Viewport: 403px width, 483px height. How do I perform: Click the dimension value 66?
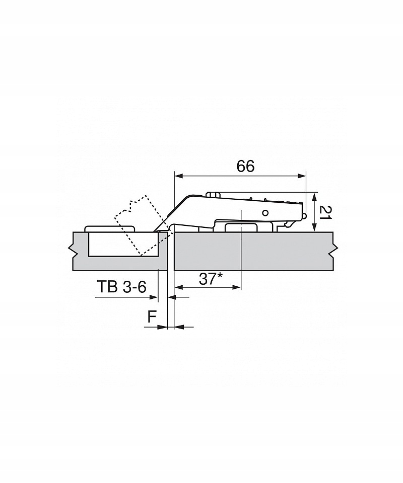click(245, 167)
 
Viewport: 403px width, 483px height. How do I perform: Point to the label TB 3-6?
click(121, 287)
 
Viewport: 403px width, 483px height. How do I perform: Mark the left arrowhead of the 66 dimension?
click(177, 176)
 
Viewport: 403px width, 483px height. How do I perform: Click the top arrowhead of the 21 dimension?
click(315, 195)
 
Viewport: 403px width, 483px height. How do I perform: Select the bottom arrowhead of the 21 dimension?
click(315, 228)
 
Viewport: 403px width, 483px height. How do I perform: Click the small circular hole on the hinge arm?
click(264, 212)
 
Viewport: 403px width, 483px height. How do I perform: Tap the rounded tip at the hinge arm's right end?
click(305, 215)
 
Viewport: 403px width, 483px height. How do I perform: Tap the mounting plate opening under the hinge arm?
click(241, 227)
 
